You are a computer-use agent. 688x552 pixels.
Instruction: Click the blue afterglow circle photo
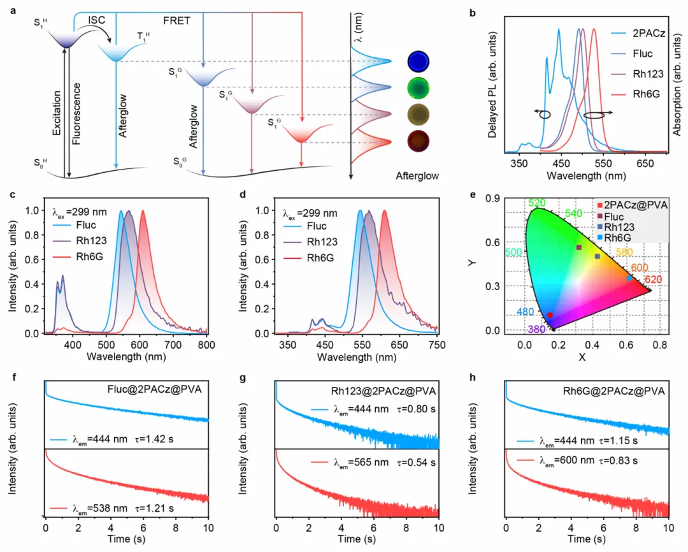click(419, 63)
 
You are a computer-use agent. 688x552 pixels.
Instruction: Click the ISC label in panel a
click(97, 20)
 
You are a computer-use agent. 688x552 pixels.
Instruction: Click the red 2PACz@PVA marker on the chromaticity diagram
click(550, 315)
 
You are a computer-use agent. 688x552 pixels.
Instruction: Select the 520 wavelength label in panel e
click(536, 202)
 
